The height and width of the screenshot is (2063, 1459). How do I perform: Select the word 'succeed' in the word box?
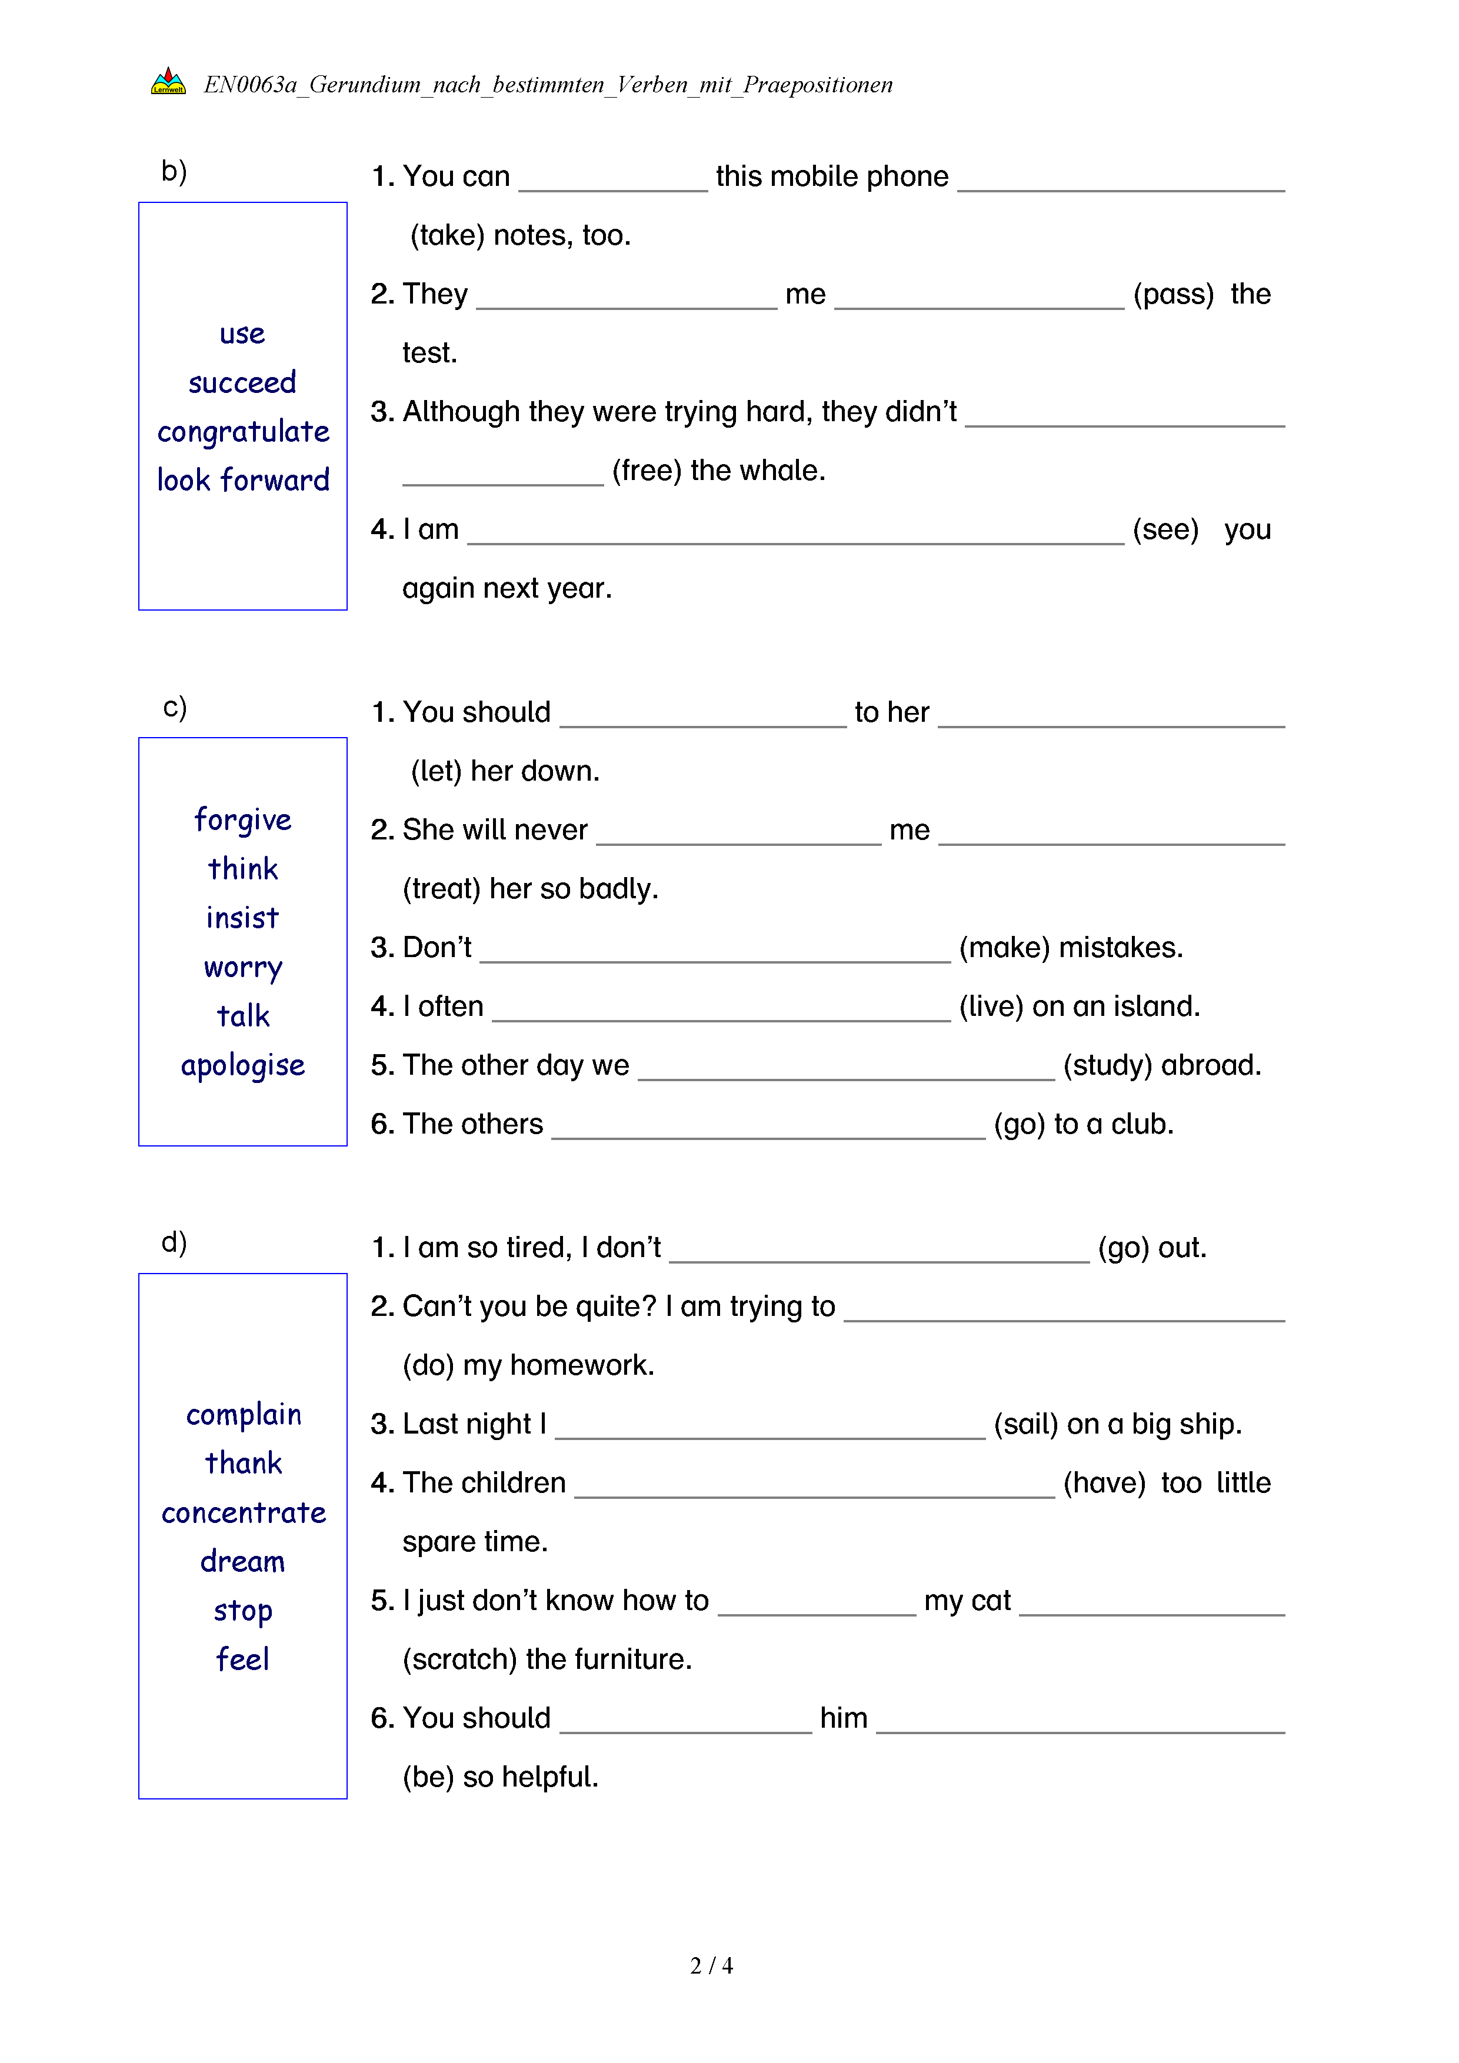(242, 383)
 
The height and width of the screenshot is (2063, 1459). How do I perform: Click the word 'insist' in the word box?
(242, 918)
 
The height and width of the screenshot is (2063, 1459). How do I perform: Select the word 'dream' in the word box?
(242, 1562)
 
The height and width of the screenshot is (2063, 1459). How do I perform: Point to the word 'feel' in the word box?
(242, 1659)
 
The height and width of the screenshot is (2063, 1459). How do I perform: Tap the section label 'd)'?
(174, 1242)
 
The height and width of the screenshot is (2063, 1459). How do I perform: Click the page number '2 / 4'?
(711, 1966)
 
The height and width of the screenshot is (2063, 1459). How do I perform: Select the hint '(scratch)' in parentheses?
(459, 1659)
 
